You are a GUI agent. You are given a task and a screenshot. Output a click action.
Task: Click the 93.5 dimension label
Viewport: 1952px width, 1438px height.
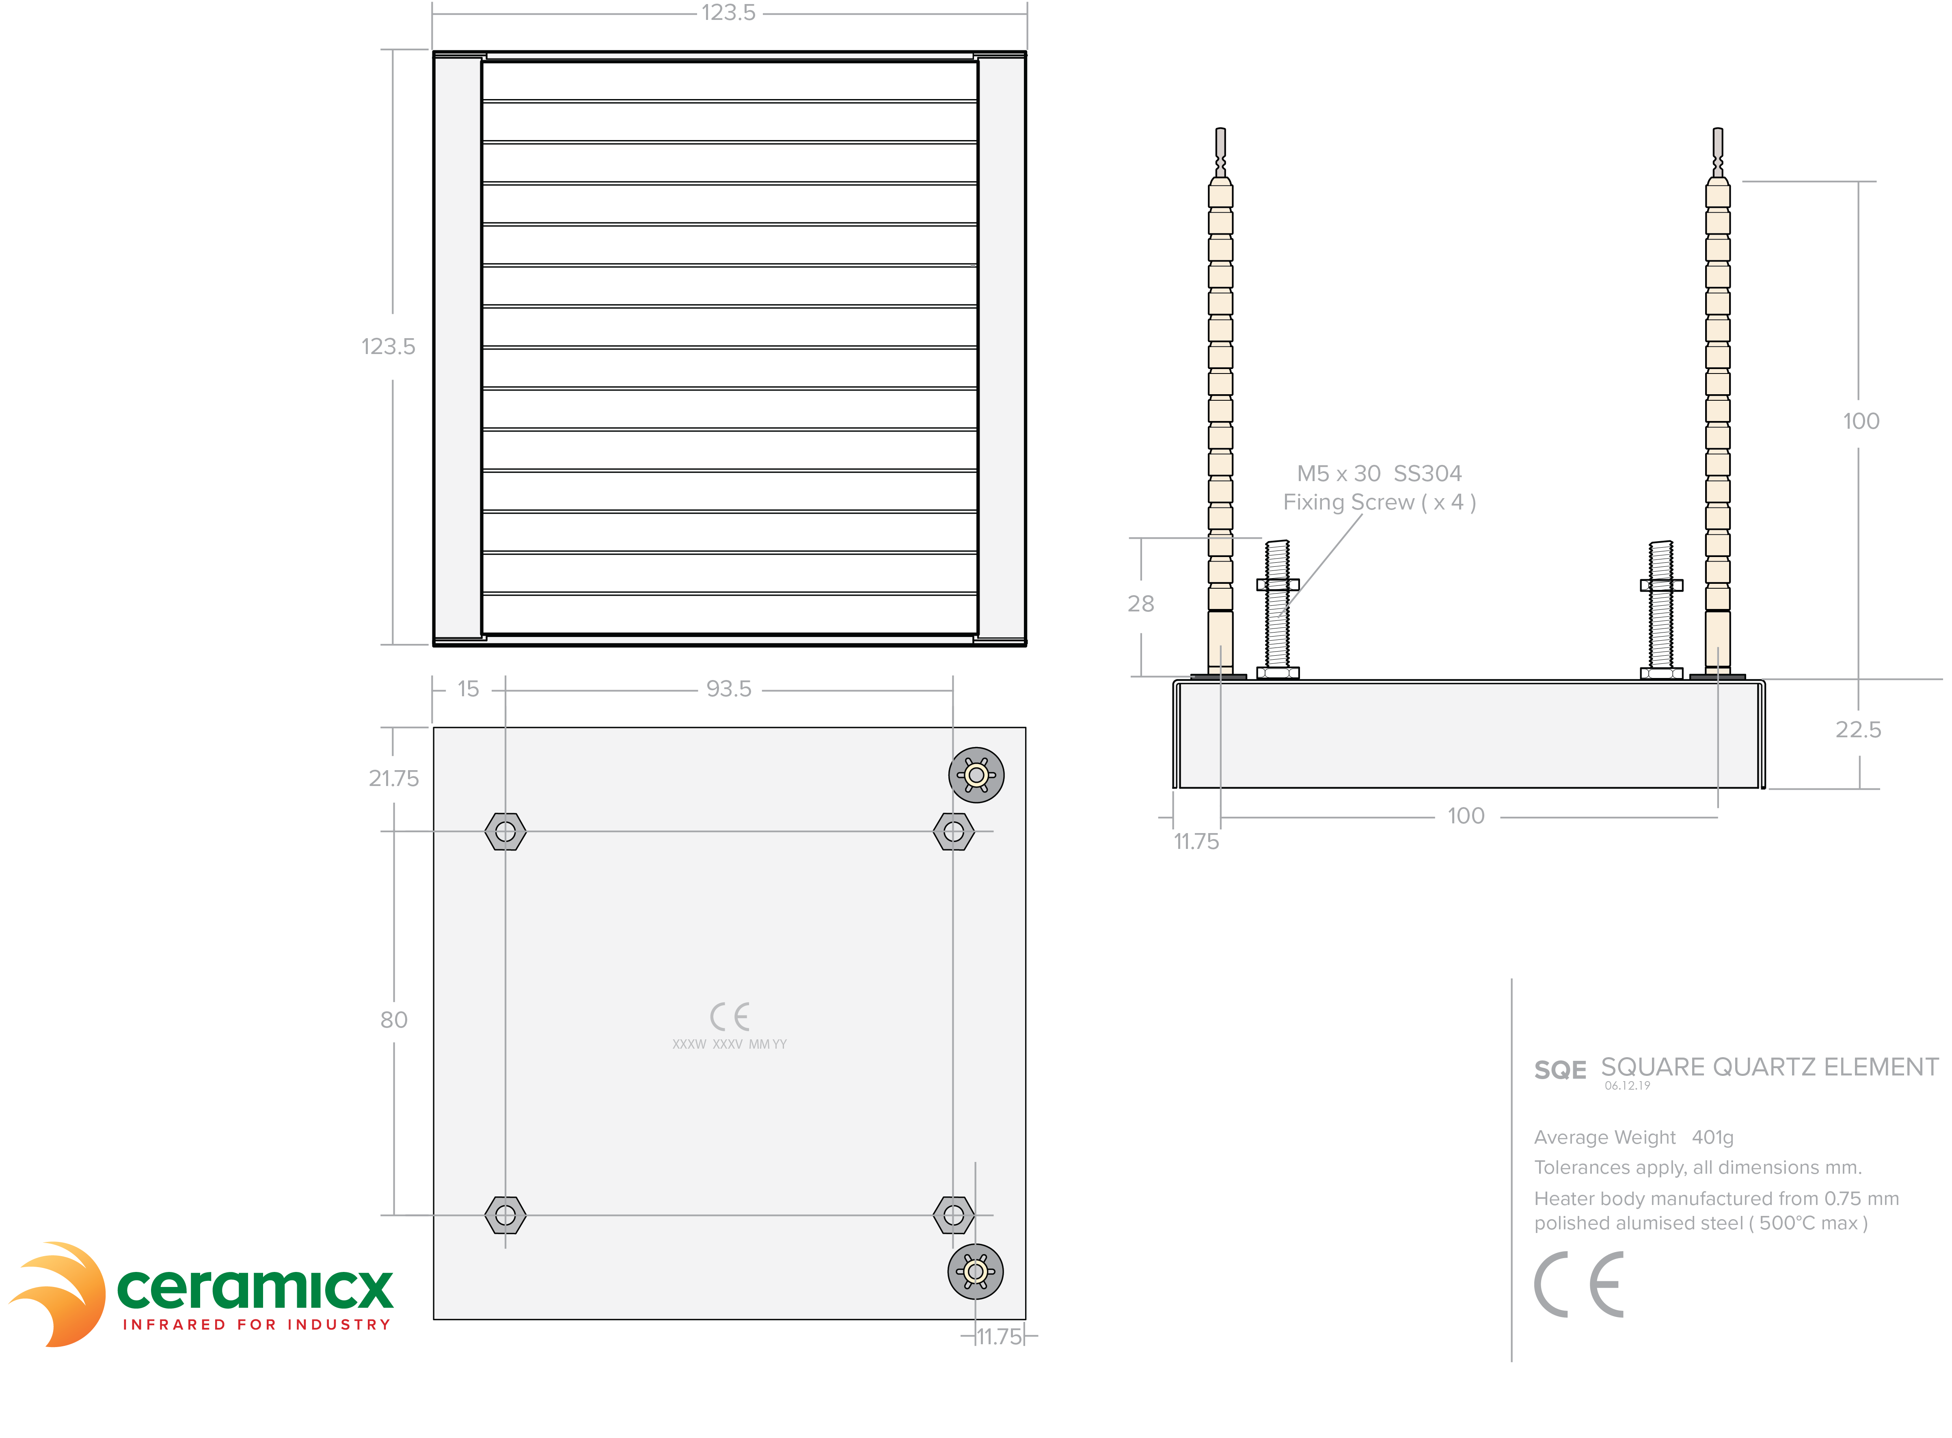(x=728, y=689)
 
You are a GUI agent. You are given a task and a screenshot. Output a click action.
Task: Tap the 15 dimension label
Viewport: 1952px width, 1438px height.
(x=468, y=689)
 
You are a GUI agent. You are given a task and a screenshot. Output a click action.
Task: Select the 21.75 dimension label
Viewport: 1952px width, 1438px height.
(x=393, y=778)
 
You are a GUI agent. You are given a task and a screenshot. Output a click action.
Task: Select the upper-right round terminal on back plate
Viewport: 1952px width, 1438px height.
(x=976, y=775)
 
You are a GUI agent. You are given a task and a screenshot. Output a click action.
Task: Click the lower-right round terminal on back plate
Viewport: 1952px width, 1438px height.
(x=976, y=1272)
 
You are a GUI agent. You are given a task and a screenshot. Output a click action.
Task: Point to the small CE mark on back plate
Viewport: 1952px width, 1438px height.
(x=729, y=1017)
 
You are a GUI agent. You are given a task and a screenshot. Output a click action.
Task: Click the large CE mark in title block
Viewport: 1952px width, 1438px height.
(x=1578, y=1285)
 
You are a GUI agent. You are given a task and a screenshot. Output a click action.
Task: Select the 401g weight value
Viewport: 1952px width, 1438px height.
(x=1713, y=1138)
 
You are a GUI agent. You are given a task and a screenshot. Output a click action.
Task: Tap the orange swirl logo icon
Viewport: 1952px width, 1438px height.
(x=57, y=1294)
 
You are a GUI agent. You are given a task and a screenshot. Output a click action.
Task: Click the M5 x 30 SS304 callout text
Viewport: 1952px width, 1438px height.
(x=1380, y=473)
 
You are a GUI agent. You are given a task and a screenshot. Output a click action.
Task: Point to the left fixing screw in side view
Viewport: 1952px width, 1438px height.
(x=1278, y=609)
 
